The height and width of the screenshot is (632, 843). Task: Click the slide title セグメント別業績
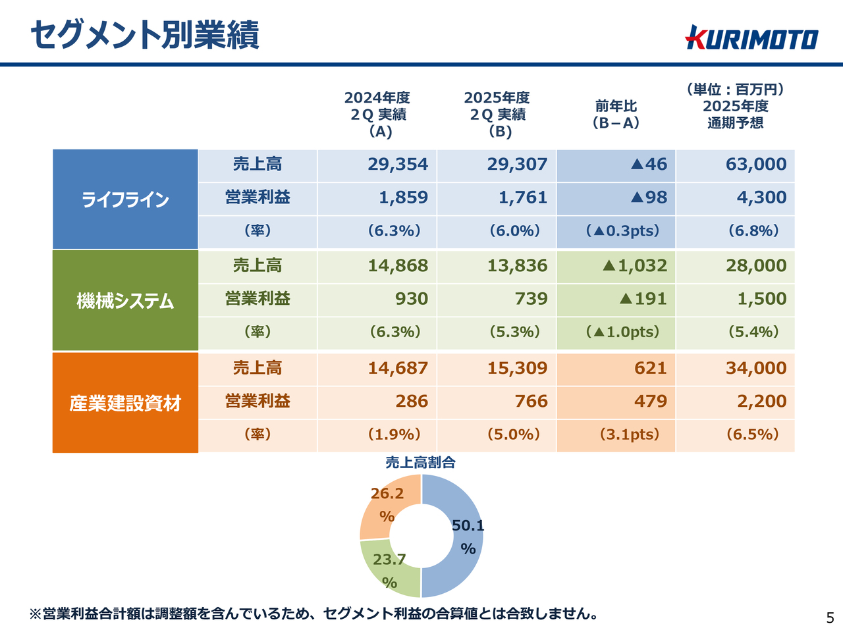145,34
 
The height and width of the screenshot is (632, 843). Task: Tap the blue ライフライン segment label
125,199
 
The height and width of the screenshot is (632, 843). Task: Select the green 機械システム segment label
125,301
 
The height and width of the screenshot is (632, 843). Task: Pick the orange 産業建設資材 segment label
125,403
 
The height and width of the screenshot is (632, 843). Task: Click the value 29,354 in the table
397,165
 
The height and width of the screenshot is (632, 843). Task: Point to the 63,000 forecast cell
755,165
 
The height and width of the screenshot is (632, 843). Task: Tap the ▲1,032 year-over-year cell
634,266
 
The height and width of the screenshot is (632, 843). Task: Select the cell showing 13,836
517,266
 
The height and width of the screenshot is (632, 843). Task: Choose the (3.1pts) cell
629,434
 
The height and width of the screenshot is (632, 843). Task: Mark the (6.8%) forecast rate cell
753,231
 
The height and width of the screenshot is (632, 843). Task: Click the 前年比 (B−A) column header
616,114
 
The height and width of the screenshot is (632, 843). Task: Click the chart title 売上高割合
420,462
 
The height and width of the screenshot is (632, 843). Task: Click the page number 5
830,618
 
